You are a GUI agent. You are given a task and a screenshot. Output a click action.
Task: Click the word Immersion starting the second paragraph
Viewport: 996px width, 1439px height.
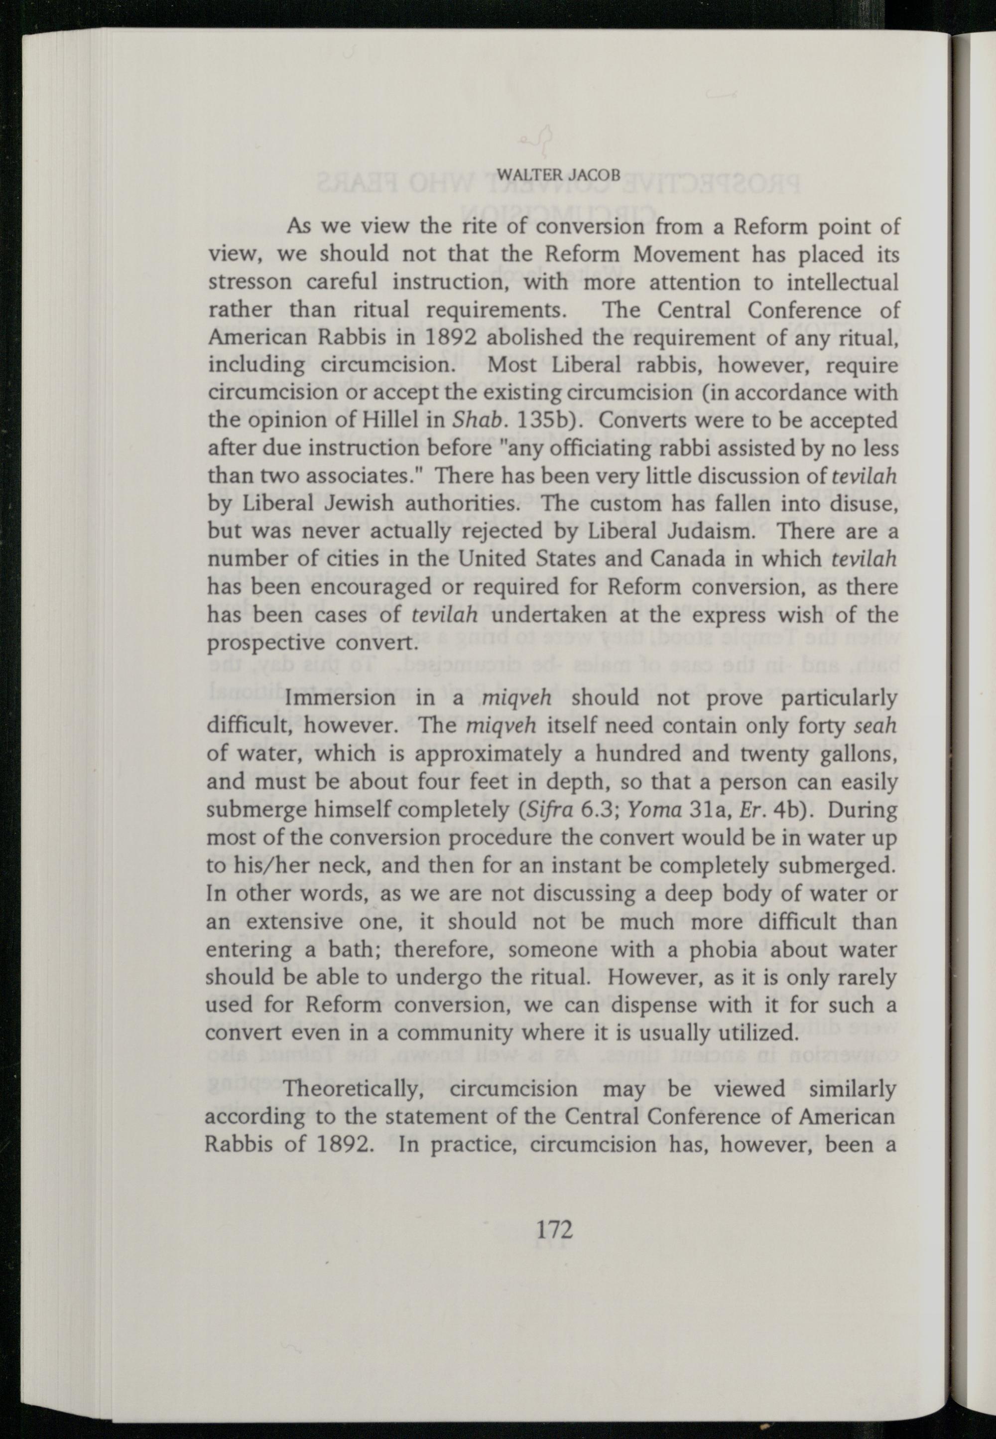(340, 698)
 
